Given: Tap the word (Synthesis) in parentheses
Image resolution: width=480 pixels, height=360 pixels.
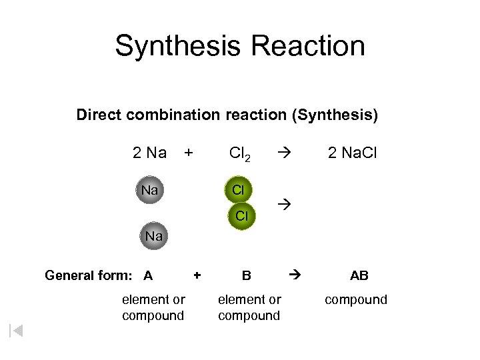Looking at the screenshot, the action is click(335, 115).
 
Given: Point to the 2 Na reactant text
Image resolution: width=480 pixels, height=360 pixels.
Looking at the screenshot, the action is click(149, 153).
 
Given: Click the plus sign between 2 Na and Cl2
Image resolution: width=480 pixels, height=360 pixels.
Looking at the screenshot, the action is click(189, 153).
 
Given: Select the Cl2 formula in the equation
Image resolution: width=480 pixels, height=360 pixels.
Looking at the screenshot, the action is click(239, 154).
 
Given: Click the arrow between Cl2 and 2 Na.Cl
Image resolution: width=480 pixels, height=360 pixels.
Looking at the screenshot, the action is click(283, 153).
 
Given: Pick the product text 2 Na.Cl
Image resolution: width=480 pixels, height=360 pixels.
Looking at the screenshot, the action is click(352, 153).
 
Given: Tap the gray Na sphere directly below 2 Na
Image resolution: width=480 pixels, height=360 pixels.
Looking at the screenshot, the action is click(150, 191).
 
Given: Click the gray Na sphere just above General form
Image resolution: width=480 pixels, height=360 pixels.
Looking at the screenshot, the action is click(154, 237).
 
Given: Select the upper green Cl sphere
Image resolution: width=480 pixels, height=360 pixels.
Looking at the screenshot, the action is click(238, 190).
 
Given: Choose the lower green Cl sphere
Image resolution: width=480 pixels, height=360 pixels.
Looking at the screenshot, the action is click(242, 216).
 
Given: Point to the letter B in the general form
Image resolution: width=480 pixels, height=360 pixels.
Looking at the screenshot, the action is click(247, 275).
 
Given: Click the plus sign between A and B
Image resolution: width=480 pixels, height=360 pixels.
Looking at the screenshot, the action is click(197, 274).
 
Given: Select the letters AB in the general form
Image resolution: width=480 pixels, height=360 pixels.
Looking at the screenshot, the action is click(359, 275).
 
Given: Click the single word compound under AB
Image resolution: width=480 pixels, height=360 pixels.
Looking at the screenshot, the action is click(356, 300).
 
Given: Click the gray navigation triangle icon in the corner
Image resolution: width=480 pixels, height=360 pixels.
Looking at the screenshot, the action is click(16, 330).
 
